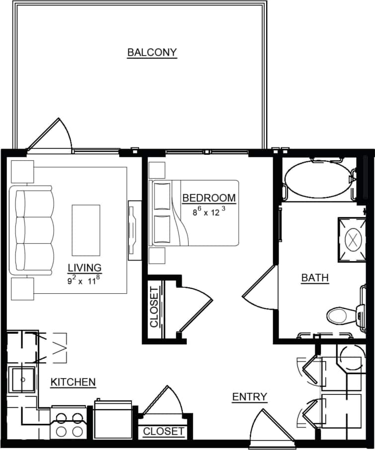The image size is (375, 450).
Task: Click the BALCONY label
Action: (152, 52)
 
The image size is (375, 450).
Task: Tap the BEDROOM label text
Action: (209, 198)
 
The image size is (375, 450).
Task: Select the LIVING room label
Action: (84, 268)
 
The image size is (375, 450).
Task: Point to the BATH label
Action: (315, 278)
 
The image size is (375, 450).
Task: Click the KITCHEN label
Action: (73, 382)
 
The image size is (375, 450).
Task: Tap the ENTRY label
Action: (249, 397)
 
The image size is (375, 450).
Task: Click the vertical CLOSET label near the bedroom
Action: (154, 307)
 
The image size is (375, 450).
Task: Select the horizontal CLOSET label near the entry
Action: (163, 432)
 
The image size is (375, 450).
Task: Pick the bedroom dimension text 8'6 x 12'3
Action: (209, 211)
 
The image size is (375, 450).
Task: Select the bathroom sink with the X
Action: (353, 240)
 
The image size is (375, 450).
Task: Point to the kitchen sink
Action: (22, 380)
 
